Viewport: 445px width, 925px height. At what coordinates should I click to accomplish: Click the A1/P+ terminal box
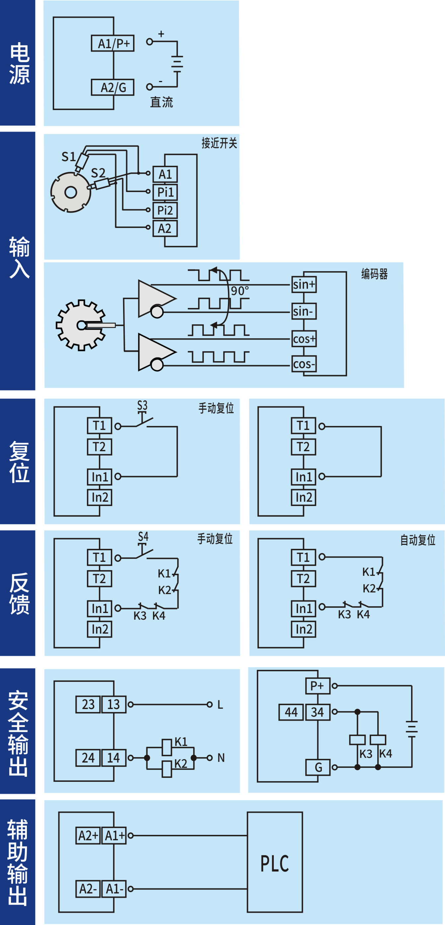112,44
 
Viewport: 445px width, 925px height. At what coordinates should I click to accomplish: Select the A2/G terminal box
112,87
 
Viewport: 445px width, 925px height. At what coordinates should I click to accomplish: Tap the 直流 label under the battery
161,102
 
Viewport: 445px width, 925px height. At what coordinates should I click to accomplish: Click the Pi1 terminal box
165,192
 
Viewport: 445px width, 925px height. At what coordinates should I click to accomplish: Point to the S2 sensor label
98,173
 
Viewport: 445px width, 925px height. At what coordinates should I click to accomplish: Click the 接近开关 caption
219,143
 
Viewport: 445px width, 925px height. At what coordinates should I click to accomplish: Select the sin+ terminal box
304,285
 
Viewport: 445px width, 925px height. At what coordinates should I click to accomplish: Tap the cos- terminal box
304,364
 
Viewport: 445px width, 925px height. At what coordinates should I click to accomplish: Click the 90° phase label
240,291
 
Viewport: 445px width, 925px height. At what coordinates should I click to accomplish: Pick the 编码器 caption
374,274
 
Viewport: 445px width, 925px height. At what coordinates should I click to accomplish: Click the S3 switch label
142,405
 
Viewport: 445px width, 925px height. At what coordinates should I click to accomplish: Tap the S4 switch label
143,537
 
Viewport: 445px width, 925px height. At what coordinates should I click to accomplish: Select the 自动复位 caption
418,540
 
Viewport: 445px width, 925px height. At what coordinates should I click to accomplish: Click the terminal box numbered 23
88,704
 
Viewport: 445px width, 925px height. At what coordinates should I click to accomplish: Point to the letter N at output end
221,758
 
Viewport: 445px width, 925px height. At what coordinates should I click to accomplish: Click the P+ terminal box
317,686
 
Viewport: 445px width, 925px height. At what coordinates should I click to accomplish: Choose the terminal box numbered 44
291,712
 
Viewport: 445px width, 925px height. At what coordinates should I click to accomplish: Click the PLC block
275,864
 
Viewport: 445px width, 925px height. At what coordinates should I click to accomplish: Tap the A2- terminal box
88,889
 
